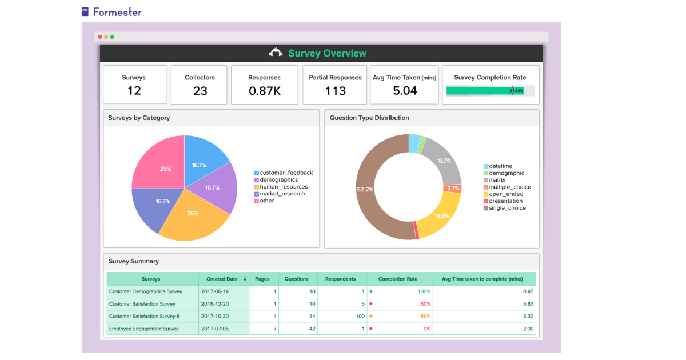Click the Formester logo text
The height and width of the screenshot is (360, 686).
tap(117, 12)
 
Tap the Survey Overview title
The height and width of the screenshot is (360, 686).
tap(327, 53)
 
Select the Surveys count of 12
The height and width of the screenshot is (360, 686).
tap(134, 91)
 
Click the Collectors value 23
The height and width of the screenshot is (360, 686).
tap(200, 91)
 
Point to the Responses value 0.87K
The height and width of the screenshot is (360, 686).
tap(264, 91)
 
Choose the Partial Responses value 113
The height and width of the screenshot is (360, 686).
tap(335, 91)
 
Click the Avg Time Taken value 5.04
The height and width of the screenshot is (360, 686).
tap(405, 91)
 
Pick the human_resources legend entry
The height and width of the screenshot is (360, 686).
tap(284, 187)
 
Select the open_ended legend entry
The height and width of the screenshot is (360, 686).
tap(506, 194)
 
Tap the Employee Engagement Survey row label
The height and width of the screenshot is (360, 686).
tap(143, 329)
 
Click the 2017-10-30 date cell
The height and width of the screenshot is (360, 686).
tap(215, 317)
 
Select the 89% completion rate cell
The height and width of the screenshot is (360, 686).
tap(424, 317)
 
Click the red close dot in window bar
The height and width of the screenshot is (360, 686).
tap(100, 37)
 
